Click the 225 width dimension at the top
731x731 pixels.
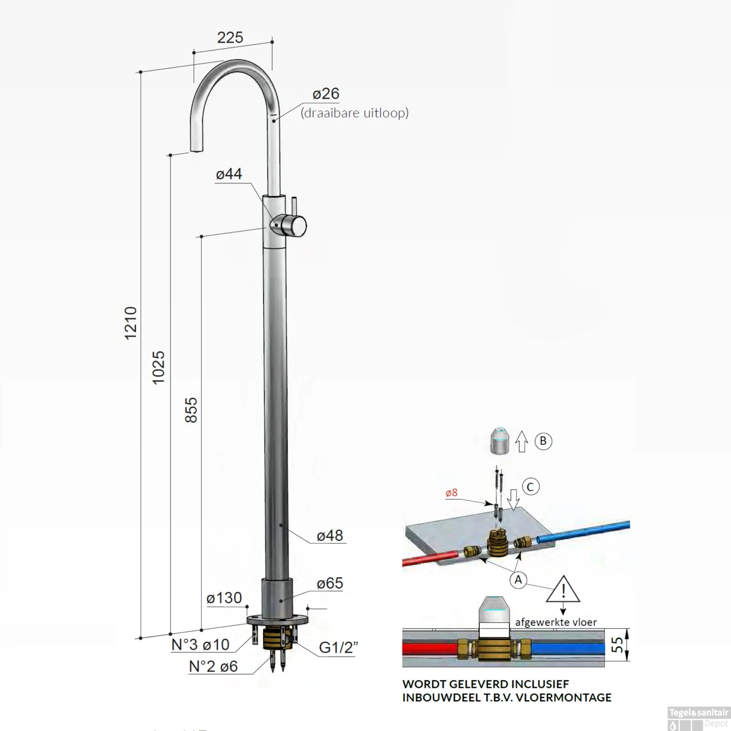tap(230, 38)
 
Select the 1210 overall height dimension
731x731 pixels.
tap(131, 323)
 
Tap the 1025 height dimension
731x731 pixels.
tap(158, 367)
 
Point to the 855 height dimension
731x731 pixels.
tap(191, 410)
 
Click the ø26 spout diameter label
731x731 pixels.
tap(326, 94)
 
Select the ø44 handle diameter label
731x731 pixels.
tap(229, 174)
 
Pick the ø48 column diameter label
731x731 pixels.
tap(330, 536)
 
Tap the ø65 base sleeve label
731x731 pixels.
tap(330, 583)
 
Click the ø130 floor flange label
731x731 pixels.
tap(224, 598)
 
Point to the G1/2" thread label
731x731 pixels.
tap(338, 648)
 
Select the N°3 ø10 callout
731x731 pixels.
tap(200, 645)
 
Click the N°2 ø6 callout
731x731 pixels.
tap(213, 666)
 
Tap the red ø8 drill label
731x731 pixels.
tap(451, 493)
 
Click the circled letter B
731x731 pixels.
tap(543, 441)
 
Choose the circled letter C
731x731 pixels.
tap(531, 487)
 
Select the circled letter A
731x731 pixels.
tap(518, 580)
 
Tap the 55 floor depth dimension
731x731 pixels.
tap(617, 645)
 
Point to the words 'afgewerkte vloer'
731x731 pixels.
tap(556, 622)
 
